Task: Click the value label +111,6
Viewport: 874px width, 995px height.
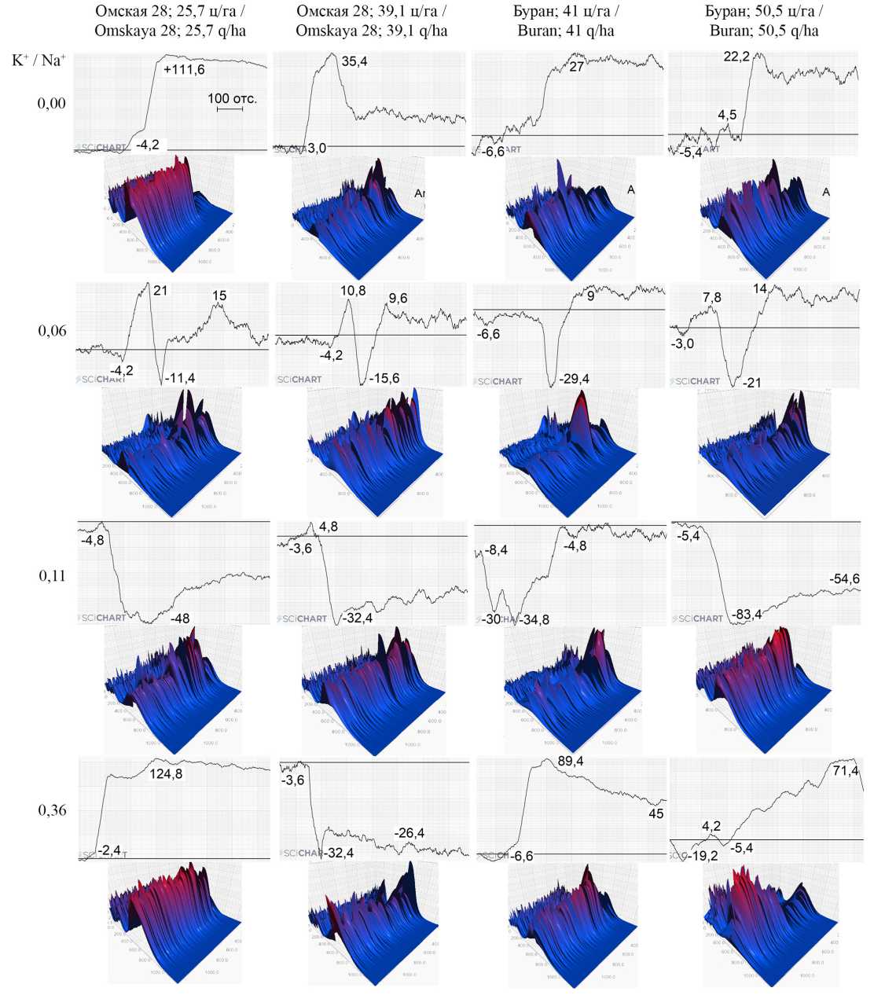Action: tap(184, 70)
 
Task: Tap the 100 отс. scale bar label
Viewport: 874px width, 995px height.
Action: tap(232, 99)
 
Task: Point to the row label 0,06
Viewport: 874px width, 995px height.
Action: tap(53, 331)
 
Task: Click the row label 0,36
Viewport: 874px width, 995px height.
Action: tap(53, 810)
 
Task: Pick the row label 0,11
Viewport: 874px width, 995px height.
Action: tap(53, 576)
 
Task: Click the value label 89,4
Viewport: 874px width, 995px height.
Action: tap(571, 762)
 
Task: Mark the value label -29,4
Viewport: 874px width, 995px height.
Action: tap(574, 380)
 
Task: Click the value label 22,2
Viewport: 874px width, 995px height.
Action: tap(736, 56)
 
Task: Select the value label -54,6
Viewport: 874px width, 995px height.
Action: tap(844, 579)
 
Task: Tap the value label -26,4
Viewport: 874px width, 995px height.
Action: tap(409, 832)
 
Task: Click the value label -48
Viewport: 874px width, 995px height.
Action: tap(180, 619)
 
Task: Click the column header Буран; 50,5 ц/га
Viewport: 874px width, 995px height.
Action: tap(764, 23)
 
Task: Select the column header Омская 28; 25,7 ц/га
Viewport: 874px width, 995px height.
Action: tap(171, 23)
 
